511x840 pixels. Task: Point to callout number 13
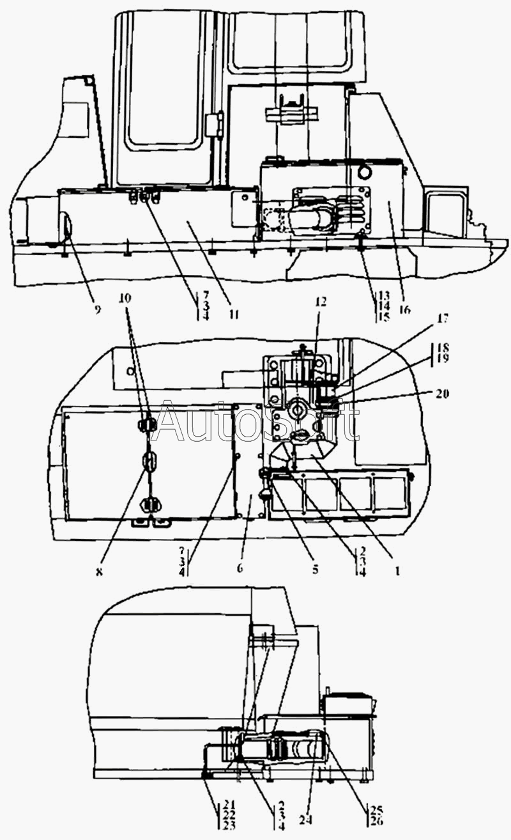pyautogui.click(x=383, y=297)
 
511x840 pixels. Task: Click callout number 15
pyautogui.click(x=383, y=318)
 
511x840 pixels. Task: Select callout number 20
pyautogui.click(x=443, y=394)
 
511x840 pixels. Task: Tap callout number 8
pyautogui.click(x=99, y=572)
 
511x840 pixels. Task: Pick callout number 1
pyautogui.click(x=397, y=572)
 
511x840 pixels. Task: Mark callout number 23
pyautogui.click(x=229, y=824)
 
